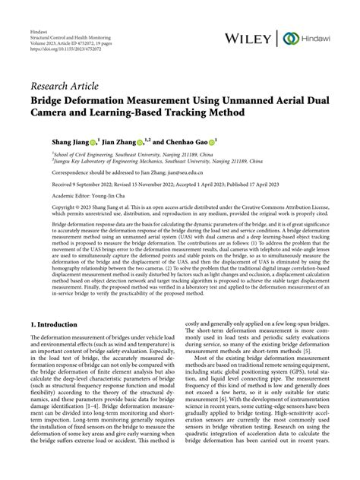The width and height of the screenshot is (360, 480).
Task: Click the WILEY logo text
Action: point(250,39)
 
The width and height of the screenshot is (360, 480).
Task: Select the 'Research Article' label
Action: point(64,84)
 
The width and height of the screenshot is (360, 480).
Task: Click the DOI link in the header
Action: point(62,56)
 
